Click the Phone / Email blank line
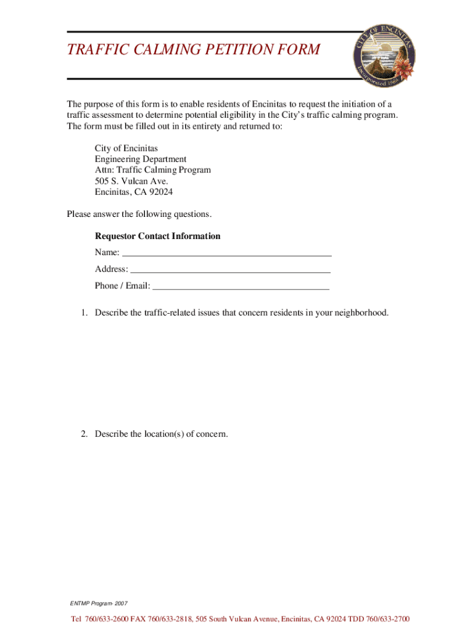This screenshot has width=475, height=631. coord(241,286)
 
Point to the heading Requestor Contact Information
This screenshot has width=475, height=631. coord(157,237)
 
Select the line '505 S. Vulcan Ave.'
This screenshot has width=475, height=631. coord(131,181)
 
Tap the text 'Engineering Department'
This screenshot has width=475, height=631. coord(140,159)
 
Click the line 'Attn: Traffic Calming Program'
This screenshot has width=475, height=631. coord(152,170)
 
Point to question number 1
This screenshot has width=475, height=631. coord(83,313)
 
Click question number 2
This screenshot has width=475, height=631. coord(83,434)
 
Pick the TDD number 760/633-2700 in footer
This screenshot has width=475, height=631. coord(386,619)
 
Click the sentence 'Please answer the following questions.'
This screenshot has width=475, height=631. coord(139,214)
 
